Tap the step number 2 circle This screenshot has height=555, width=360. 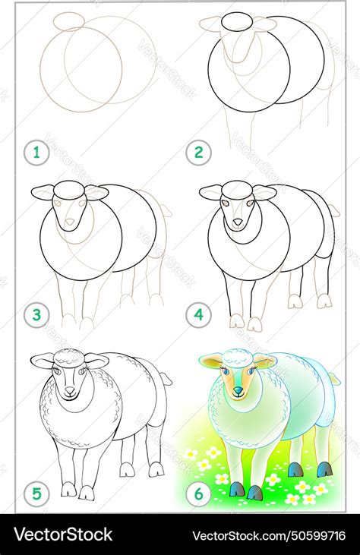pos(199,153)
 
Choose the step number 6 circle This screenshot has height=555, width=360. pos(199,495)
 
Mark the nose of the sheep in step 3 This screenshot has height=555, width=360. pos(70,222)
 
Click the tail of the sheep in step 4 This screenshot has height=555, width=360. pos(333,210)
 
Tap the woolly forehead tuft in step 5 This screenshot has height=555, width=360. pos(69,357)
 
